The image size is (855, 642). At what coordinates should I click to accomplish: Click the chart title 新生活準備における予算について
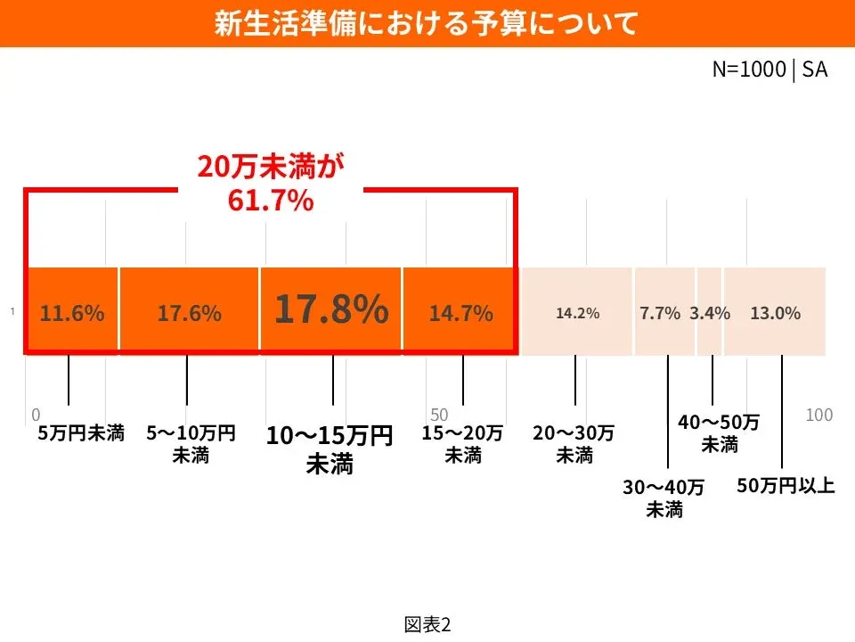pyautogui.click(x=427, y=23)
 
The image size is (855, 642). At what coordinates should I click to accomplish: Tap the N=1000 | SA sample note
pyautogui.click(x=769, y=70)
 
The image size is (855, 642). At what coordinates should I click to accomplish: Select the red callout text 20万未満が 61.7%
pyautogui.click(x=271, y=184)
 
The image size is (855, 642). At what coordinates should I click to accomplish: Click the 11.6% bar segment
pyautogui.click(x=72, y=313)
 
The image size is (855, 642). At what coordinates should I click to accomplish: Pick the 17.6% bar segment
pyautogui.click(x=189, y=313)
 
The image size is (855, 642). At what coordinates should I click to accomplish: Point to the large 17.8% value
pyautogui.click(x=330, y=309)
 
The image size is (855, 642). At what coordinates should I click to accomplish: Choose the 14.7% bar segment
pyautogui.click(x=460, y=313)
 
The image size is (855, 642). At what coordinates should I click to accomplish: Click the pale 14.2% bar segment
pyautogui.click(x=577, y=313)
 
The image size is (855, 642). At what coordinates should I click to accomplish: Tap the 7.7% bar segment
pyautogui.click(x=660, y=313)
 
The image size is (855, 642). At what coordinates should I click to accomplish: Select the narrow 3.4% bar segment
pyautogui.click(x=710, y=313)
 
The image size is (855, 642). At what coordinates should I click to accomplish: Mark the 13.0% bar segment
pyautogui.click(x=775, y=313)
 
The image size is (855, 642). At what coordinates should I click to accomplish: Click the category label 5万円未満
pyautogui.click(x=80, y=434)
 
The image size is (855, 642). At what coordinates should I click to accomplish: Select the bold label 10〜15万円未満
pyautogui.click(x=330, y=449)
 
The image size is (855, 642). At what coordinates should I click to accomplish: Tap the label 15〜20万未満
pyautogui.click(x=462, y=444)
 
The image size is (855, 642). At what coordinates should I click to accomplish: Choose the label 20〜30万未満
pyautogui.click(x=574, y=444)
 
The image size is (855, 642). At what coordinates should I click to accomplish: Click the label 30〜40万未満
pyautogui.click(x=664, y=498)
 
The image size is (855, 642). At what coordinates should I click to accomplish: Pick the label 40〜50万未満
pyautogui.click(x=719, y=432)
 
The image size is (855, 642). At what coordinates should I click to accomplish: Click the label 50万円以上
pyautogui.click(x=786, y=487)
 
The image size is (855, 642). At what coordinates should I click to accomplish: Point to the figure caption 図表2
pyautogui.click(x=427, y=624)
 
